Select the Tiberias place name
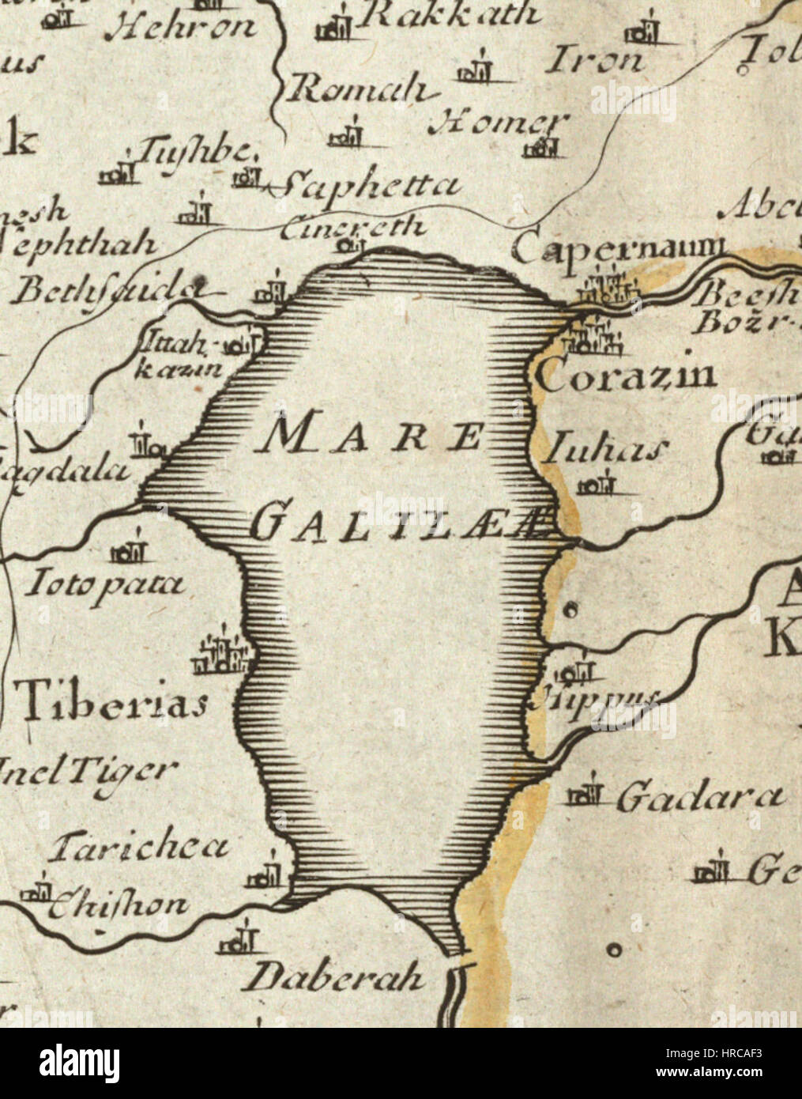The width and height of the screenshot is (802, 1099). pos(112,701)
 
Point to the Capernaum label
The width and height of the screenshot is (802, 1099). pos(617,249)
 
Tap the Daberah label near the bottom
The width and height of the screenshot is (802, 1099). pos(333,978)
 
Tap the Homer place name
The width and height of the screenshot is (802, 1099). pos(498,122)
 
